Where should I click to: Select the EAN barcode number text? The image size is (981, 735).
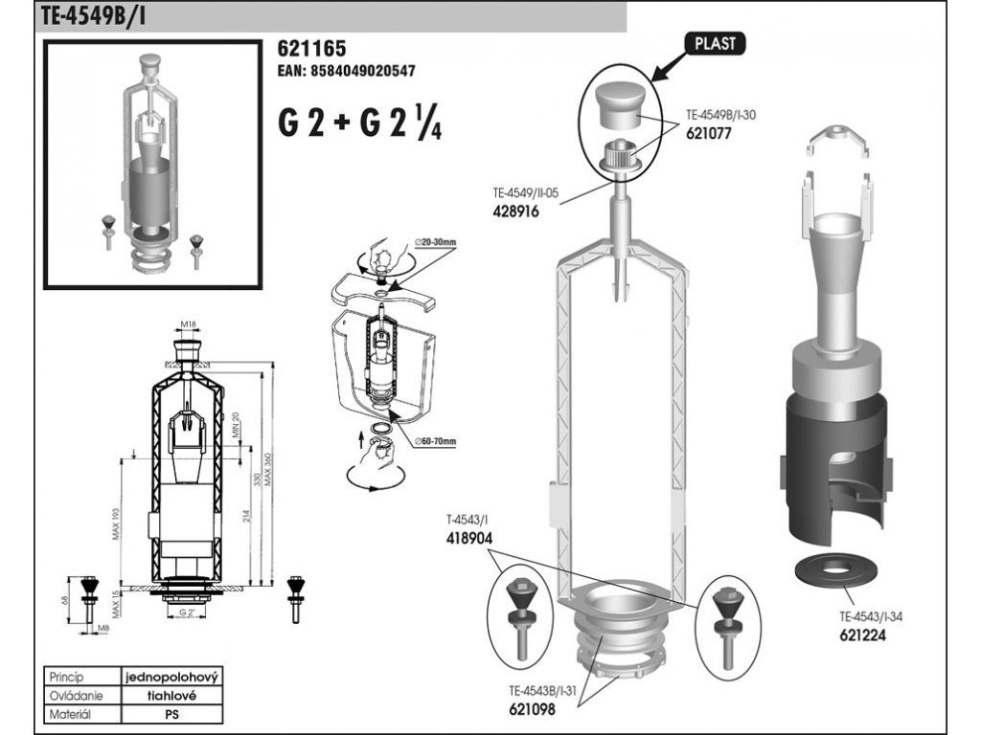pyautogui.click(x=346, y=71)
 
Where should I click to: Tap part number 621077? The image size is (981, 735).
pyautogui.click(x=709, y=135)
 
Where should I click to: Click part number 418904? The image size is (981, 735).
pyautogui.click(x=469, y=538)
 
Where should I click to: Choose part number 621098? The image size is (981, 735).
pyautogui.click(x=532, y=708)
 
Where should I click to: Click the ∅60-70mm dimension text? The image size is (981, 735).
pyautogui.click(x=435, y=441)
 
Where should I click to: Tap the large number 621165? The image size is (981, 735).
pyautogui.click(x=311, y=49)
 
